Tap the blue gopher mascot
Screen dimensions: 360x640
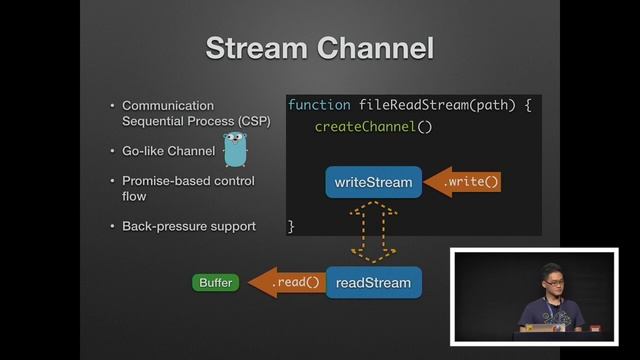(x=235, y=149)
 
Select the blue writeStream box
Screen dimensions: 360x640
(x=373, y=182)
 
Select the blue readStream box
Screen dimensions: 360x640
(x=373, y=283)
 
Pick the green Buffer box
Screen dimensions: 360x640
(x=215, y=283)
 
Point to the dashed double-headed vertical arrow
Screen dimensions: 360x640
(x=373, y=232)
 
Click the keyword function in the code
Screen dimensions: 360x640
(x=319, y=105)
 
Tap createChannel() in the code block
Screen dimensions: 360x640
(x=373, y=127)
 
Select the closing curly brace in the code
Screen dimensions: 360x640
(x=292, y=227)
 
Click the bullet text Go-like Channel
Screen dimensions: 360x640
(x=168, y=151)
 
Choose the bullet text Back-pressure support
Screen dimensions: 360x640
(x=188, y=226)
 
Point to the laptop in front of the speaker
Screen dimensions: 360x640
(x=541, y=327)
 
